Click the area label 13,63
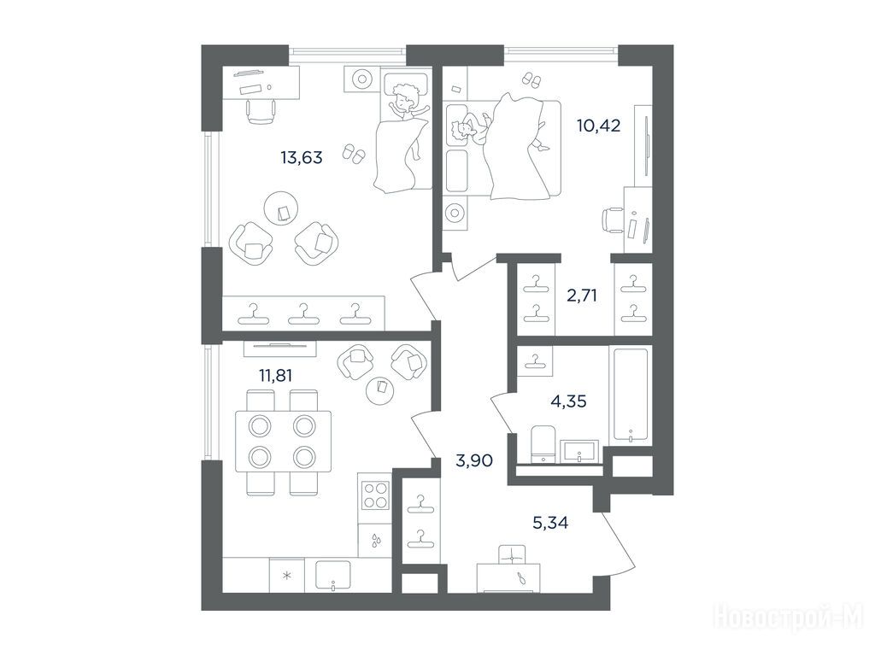[x=302, y=158]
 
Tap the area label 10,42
[x=599, y=126]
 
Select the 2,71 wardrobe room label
[x=582, y=295]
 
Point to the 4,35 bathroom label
[x=568, y=401]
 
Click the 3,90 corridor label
[x=474, y=460]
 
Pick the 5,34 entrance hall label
[x=551, y=523]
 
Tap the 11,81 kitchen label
[x=276, y=376]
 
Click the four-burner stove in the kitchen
[x=375, y=495]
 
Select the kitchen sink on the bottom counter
[x=332, y=575]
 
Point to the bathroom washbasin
[x=579, y=451]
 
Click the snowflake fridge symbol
[x=287, y=576]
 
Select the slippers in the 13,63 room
[x=353, y=154]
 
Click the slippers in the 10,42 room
[x=531, y=79]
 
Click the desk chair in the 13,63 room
[x=261, y=111]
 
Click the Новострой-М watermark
[x=789, y=618]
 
